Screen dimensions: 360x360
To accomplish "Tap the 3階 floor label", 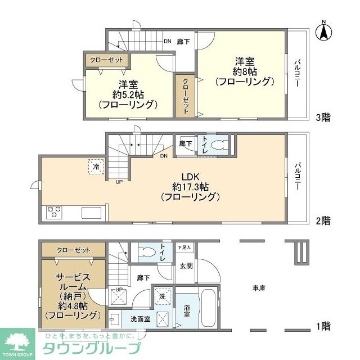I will point(322,118).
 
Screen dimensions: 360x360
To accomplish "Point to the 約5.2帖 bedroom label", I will point(127,94).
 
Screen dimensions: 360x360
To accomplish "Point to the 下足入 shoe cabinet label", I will point(184,247).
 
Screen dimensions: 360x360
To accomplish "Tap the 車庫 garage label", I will point(258,288).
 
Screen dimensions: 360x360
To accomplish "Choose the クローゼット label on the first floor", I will point(73,250).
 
